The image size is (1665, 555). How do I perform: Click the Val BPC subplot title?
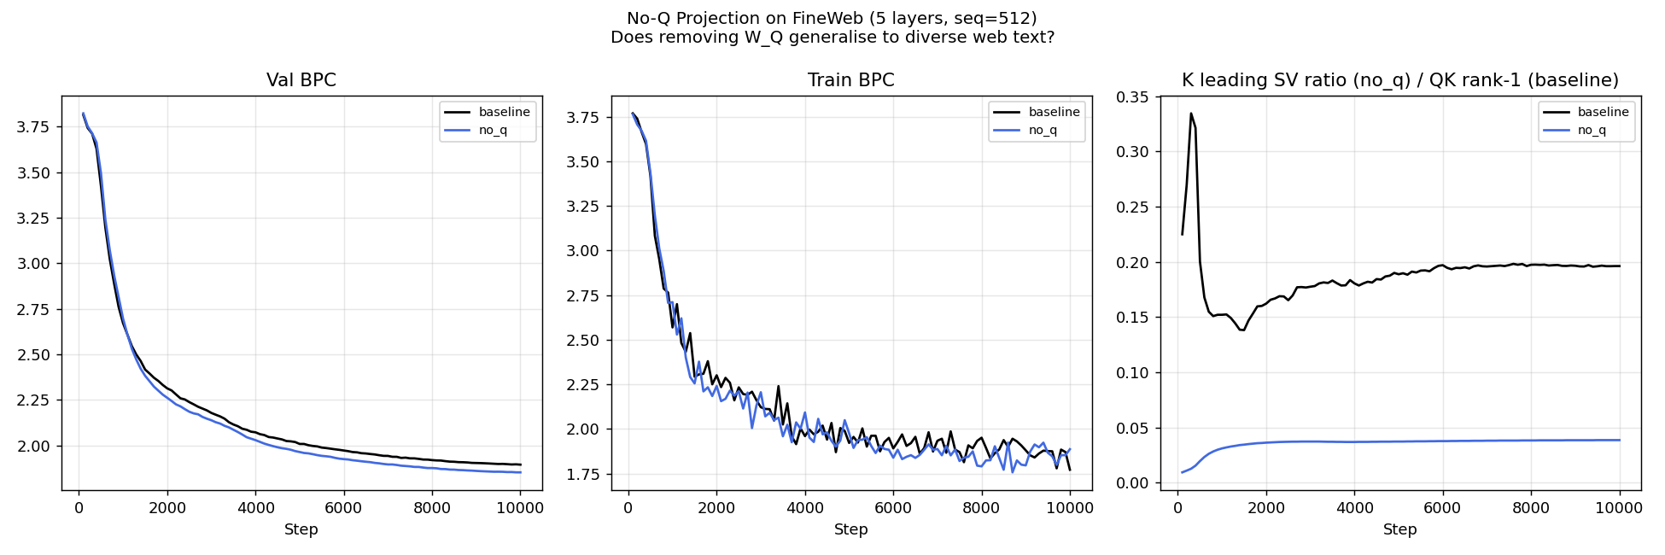coord(301,80)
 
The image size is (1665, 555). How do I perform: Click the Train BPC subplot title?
coord(850,80)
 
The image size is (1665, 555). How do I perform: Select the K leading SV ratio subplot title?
coord(1399,80)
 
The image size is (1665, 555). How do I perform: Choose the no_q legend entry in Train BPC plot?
coord(1043,130)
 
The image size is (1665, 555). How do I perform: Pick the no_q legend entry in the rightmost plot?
coord(1592,130)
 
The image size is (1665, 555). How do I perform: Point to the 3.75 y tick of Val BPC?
coord(35,127)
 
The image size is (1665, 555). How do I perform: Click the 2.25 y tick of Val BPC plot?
coord(35,400)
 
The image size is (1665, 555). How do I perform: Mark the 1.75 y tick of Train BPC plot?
coord(585,475)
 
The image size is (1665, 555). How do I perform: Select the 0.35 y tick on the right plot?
coord(1133,97)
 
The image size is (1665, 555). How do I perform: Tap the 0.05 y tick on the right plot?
coord(1133,429)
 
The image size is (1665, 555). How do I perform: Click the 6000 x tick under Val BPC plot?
coord(343,508)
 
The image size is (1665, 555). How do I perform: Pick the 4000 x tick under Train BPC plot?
coord(804,508)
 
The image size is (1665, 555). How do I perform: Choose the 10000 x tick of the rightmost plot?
coord(1619,508)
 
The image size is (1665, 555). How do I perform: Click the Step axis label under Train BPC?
coord(850,529)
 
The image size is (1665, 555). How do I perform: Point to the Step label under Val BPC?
coord(301,529)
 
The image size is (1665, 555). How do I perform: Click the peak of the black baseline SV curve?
coord(1190,114)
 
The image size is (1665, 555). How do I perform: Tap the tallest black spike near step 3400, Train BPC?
coord(778,386)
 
